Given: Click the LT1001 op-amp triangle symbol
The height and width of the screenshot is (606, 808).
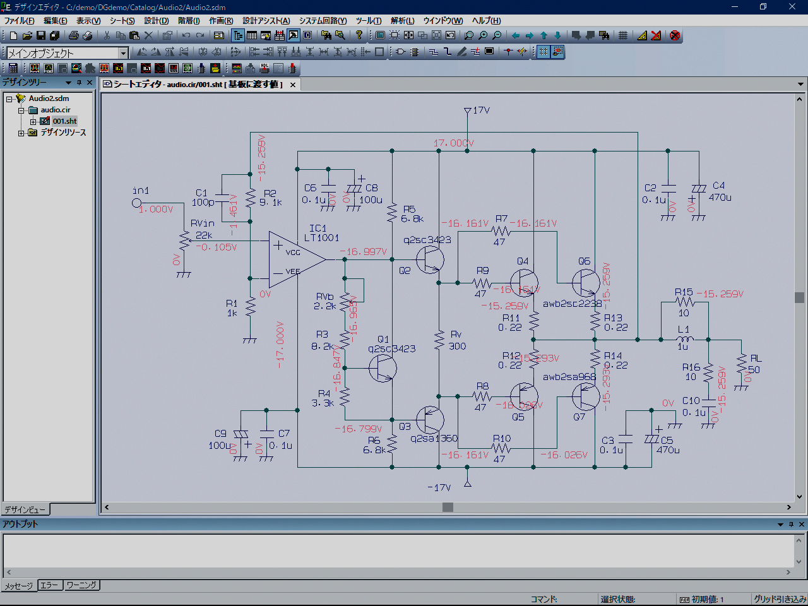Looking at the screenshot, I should coord(294,259).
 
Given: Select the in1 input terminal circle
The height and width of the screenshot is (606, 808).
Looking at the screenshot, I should coord(136,203).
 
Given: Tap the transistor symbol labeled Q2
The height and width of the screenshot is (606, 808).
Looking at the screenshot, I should coord(431,259).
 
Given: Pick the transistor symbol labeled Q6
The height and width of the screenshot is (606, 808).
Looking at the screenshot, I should coord(586,282).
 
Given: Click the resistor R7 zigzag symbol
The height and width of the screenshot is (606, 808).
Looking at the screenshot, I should coord(501,232).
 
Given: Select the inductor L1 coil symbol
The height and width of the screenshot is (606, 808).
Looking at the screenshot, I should coord(684,339).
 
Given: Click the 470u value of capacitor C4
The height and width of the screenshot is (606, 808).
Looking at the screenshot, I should coord(720,198).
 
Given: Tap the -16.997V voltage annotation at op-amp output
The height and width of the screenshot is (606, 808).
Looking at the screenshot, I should coord(364,251).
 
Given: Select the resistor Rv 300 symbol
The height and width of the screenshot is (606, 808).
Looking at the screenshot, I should coord(440,340).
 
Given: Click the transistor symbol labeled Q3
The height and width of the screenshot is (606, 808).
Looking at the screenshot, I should coord(431,419).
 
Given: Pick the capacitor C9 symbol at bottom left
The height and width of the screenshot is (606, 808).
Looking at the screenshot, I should coord(240,436).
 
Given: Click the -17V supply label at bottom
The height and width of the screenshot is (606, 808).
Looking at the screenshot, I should coord(439,487).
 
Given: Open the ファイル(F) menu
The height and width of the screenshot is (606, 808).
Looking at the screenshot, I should coord(20,21).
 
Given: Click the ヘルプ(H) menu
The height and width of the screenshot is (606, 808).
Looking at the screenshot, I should coord(486,21).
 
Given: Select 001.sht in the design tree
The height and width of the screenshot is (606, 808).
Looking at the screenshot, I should coord(64,121).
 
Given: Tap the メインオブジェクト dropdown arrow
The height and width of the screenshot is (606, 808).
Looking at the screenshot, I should coord(123,53).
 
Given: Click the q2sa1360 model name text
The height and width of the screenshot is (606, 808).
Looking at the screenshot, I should coord(434,439).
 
